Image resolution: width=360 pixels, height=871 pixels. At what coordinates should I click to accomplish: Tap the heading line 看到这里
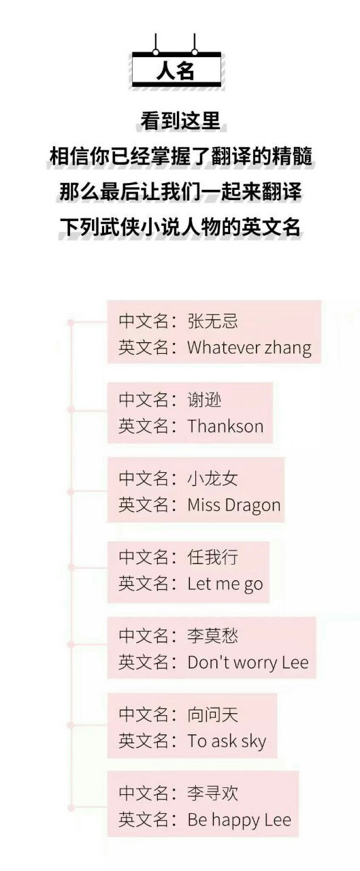point(180,121)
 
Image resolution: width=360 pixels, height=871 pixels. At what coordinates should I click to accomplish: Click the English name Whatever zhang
point(249,348)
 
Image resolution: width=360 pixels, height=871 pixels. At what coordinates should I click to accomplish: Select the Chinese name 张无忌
point(212,321)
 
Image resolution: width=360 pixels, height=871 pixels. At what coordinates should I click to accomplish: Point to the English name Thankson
point(225,426)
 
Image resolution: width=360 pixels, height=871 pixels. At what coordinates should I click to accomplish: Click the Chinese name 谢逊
point(204,399)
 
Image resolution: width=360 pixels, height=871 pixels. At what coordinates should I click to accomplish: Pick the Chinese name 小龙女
point(212,478)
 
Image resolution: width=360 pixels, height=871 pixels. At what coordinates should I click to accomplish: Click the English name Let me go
point(225,585)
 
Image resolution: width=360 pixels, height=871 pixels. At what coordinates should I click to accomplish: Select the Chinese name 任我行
point(212,557)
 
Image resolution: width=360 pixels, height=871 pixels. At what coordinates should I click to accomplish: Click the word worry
point(258,663)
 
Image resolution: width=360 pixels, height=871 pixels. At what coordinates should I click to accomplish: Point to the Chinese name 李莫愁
point(212,636)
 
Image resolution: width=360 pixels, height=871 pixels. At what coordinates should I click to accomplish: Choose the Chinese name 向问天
point(212,714)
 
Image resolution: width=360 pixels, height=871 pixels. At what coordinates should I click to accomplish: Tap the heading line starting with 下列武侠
point(180,227)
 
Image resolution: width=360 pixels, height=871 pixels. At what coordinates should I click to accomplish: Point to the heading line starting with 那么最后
point(180,191)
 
